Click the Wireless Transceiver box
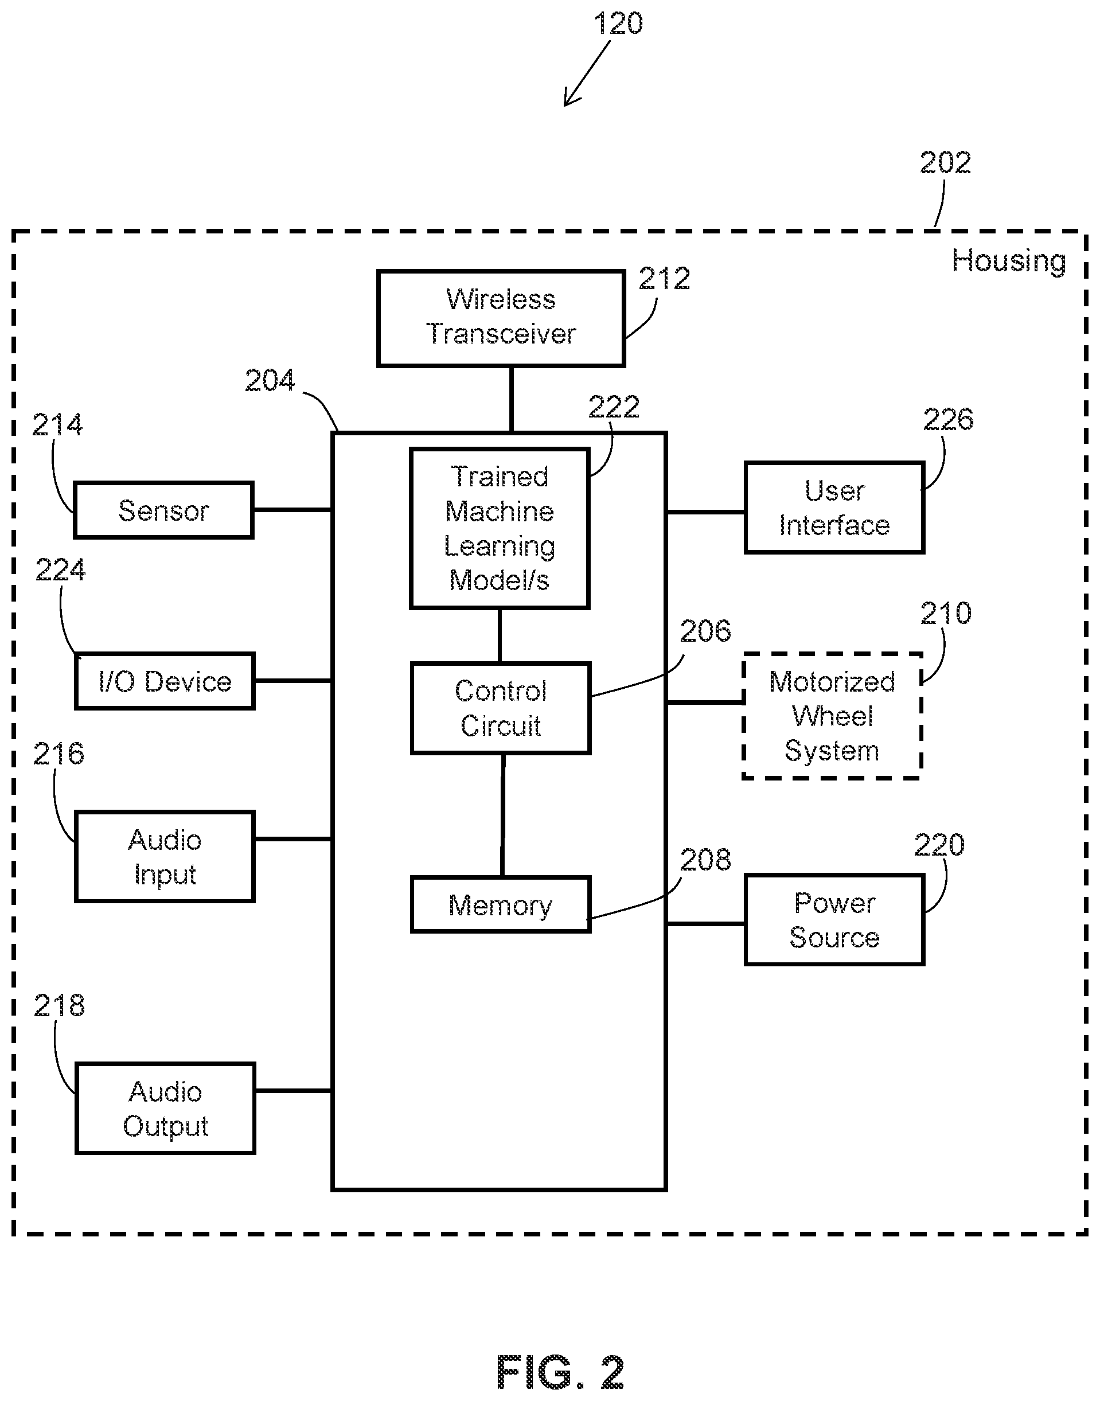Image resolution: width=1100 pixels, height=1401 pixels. [501, 318]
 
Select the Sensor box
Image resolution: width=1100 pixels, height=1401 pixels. [163, 510]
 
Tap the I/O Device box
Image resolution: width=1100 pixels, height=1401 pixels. [165, 681]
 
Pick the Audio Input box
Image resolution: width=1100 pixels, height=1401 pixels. [165, 856]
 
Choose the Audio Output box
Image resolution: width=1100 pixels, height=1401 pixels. [166, 1108]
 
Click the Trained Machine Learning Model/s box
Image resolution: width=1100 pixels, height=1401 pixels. [500, 528]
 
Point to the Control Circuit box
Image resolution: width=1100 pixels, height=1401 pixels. [501, 708]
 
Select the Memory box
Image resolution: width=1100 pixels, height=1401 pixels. [501, 904]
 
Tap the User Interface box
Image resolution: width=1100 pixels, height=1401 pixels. [834, 508]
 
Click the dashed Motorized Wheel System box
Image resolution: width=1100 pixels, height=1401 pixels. [832, 716]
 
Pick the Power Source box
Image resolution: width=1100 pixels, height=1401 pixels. [834, 919]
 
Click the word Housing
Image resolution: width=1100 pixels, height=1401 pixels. [1009, 261]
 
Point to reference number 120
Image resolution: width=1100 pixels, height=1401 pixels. [618, 24]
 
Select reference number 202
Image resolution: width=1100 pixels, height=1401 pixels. [945, 162]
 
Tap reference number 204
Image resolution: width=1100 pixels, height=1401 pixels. [270, 381]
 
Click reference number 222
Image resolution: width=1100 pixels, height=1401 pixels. [613, 407]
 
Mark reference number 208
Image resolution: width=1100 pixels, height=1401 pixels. [705, 860]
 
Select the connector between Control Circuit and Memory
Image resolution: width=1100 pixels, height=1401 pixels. [502, 815]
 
